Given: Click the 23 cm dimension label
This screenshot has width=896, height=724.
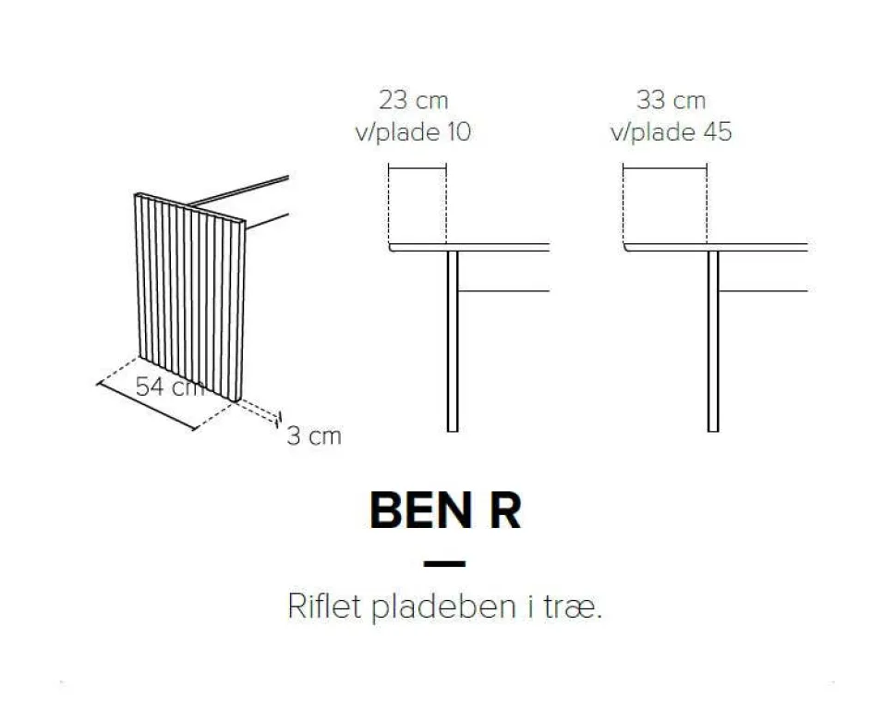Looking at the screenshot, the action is (x=413, y=100).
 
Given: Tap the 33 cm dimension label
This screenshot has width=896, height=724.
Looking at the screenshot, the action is (x=671, y=100).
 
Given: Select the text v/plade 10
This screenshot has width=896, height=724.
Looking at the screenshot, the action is (x=413, y=132).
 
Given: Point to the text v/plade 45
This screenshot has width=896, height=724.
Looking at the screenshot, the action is (x=671, y=132).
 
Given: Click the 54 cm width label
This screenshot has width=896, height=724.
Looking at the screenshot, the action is (x=170, y=387).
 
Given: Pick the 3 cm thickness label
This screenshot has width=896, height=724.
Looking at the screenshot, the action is (x=314, y=436).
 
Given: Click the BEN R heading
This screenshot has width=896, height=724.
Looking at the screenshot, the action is (x=445, y=510).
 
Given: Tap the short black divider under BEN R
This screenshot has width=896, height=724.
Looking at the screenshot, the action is (x=444, y=563).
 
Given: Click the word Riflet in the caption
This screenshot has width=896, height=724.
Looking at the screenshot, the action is (x=324, y=606).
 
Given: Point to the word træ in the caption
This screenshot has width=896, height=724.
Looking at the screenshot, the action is (x=572, y=607).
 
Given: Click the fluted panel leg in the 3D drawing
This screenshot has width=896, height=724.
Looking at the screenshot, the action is (x=190, y=296).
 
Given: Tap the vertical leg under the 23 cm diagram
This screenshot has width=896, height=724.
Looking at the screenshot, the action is (x=453, y=341).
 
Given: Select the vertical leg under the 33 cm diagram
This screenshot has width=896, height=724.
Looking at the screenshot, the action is (x=713, y=341).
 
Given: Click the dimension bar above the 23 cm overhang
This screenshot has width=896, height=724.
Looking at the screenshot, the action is (x=418, y=168).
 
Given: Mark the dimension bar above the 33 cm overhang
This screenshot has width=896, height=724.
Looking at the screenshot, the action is (x=664, y=168).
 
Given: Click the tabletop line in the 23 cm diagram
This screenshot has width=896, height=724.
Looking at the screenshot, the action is (x=469, y=247).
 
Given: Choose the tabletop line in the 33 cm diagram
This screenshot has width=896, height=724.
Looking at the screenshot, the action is (x=716, y=247).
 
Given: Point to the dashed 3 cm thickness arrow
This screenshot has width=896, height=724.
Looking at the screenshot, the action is (x=259, y=411).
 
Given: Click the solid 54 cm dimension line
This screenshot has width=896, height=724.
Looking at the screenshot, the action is (x=146, y=406).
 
